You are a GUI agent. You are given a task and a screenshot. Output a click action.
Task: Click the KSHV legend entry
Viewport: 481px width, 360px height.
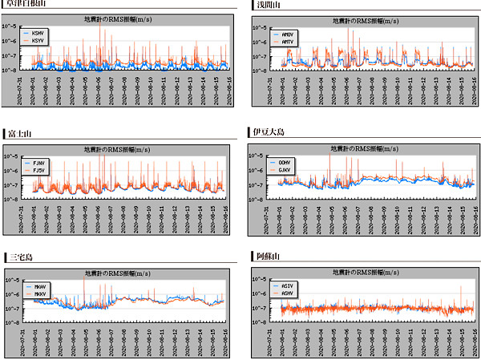pyautogui.click(x=38, y=33)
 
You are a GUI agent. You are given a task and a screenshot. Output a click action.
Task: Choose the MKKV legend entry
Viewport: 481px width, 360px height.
pyautogui.click(x=40, y=293)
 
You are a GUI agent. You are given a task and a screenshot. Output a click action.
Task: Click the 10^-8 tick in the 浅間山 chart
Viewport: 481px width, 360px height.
pyautogui.click(x=261, y=70)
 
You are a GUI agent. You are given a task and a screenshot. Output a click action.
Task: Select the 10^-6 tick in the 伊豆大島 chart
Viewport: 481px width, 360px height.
pyautogui.click(x=261, y=171)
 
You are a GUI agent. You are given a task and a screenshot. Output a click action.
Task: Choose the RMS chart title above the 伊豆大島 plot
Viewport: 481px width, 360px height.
pyautogui.click(x=366, y=148)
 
